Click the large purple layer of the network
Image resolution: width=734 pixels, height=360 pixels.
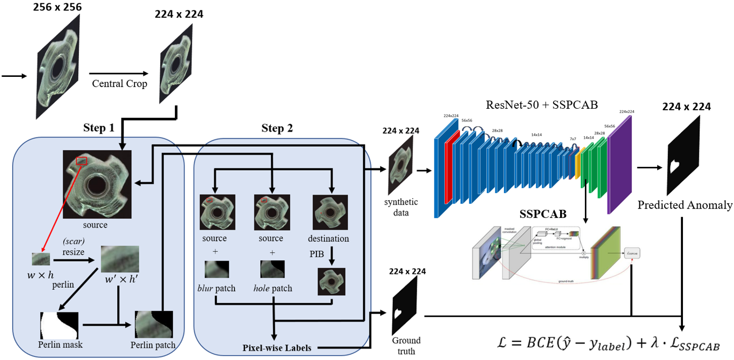coord(618,164)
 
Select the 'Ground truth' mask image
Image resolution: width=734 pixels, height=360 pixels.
coord(405,305)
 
